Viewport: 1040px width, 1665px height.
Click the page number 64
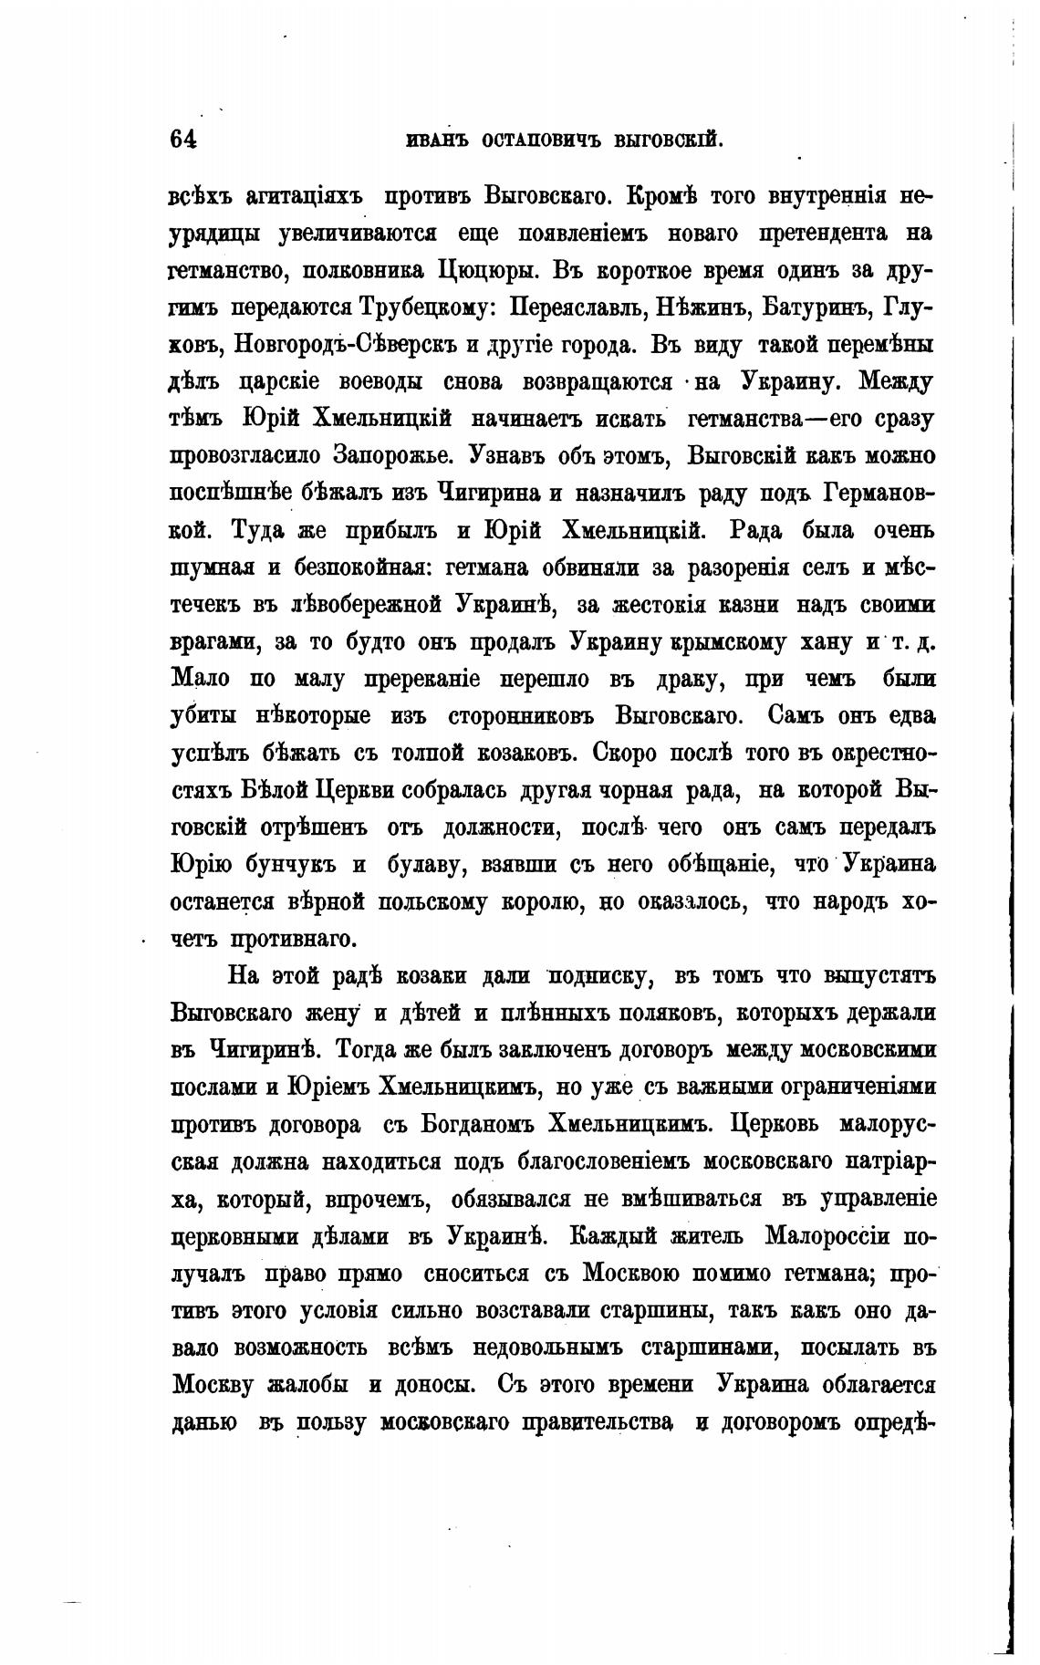pyautogui.click(x=182, y=139)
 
